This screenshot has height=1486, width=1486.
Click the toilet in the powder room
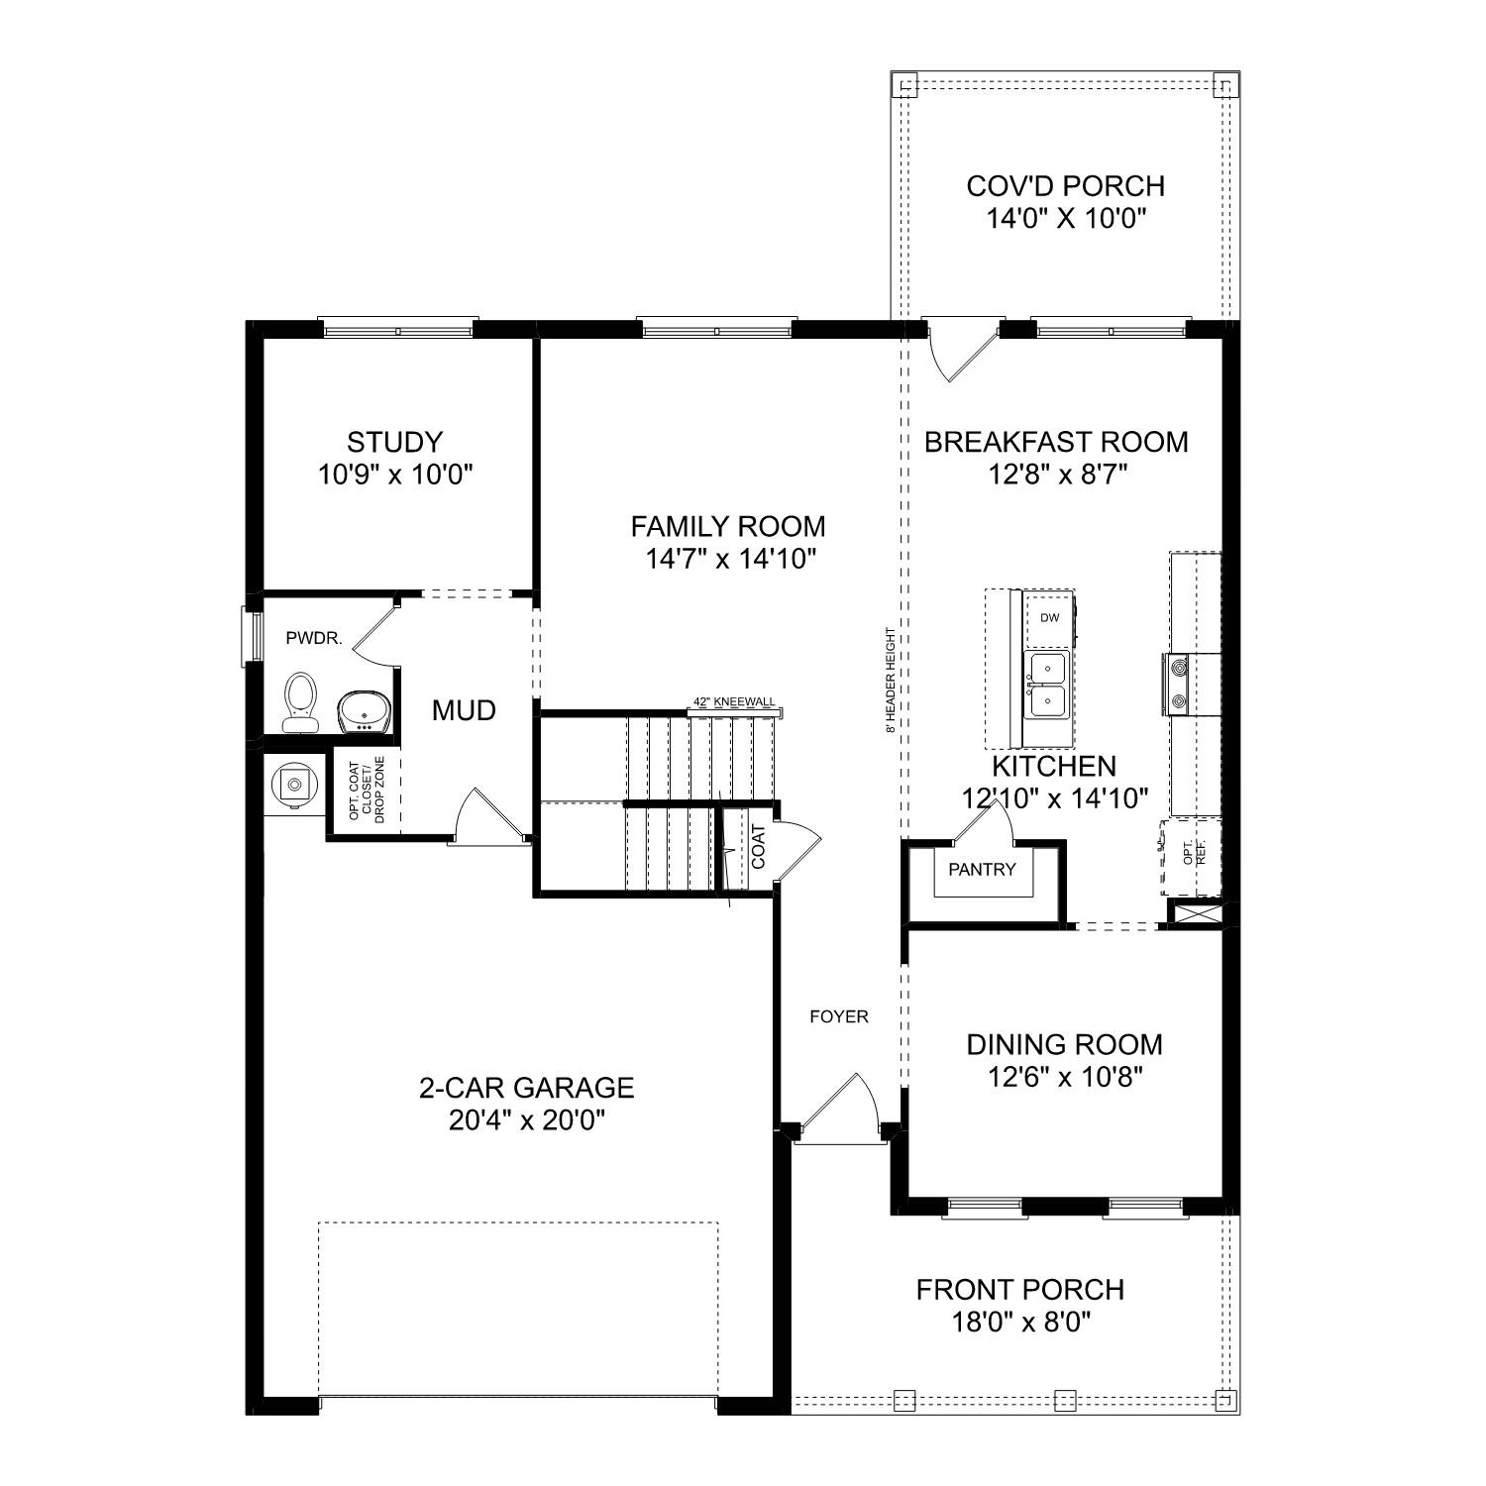pyautogui.click(x=299, y=698)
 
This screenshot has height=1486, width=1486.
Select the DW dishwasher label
pyautogui.click(x=1049, y=618)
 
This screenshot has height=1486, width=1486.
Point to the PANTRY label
pyautogui.click(x=982, y=870)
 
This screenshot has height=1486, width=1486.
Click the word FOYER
pyautogui.click(x=838, y=1016)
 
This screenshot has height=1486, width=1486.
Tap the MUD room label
pyautogui.click(x=464, y=710)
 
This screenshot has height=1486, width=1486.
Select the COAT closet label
pyautogui.click(x=758, y=847)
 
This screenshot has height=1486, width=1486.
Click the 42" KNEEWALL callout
pyautogui.click(x=734, y=702)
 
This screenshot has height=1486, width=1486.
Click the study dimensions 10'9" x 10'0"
pyautogui.click(x=395, y=476)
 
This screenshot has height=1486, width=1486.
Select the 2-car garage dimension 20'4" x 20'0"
pyautogui.click(x=526, y=1120)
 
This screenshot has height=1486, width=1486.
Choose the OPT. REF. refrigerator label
pyautogui.click(x=1194, y=855)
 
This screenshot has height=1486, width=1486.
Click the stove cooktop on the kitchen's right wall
pyautogui.click(x=1179, y=684)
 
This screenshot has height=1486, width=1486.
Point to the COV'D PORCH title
pyautogui.click(x=1065, y=186)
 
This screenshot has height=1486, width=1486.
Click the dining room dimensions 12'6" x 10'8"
pyautogui.click(x=1065, y=1077)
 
